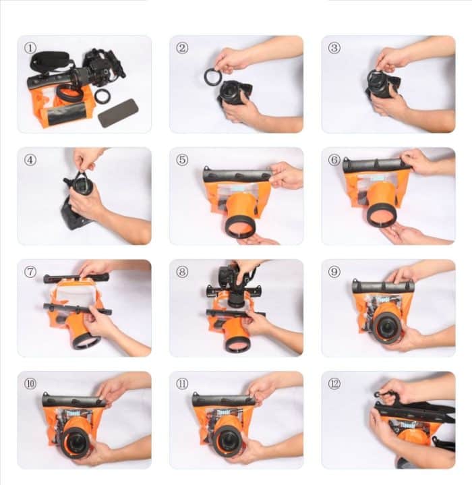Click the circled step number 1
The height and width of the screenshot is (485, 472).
(30, 48)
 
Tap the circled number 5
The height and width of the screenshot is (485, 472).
(182, 160)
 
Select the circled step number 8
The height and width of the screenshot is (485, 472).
(182, 272)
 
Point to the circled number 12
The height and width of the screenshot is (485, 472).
(335, 384)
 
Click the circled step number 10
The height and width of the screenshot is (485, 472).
(30, 384)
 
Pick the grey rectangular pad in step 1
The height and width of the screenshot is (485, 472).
(118, 113)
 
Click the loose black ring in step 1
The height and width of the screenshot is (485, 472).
(102, 96)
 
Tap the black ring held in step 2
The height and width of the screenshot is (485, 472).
(213, 76)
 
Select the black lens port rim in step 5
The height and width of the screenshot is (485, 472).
(240, 226)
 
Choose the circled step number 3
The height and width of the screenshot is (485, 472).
(335, 48)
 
